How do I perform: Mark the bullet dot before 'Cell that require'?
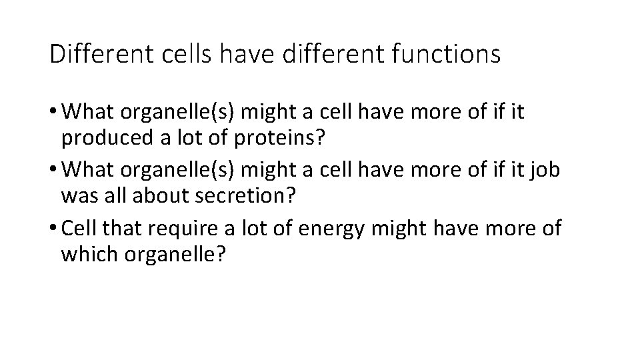click(x=53, y=229)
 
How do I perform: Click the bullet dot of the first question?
click(x=53, y=113)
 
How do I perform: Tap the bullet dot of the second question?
click(x=53, y=171)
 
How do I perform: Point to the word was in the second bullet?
click(x=75, y=197)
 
